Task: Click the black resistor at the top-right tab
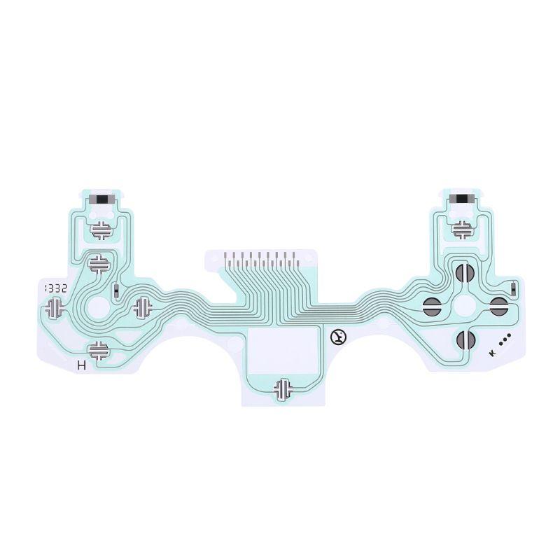(x=462, y=198)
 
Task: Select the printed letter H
(x=82, y=365)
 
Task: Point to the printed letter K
(x=493, y=353)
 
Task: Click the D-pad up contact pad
(x=99, y=262)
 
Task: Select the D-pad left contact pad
(x=55, y=306)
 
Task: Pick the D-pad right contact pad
(x=143, y=306)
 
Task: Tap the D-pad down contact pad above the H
(x=99, y=349)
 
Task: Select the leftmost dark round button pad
(x=431, y=304)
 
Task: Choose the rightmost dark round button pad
(x=498, y=304)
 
